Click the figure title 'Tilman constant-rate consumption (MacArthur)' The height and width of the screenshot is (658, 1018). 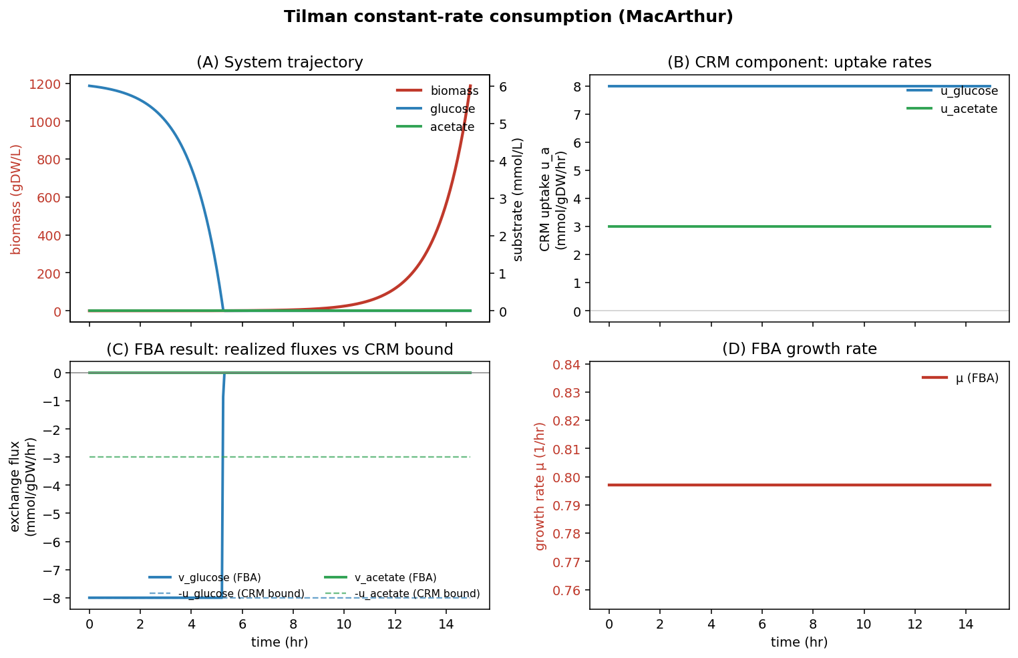pos(508,17)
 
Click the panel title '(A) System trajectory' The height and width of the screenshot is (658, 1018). pos(279,63)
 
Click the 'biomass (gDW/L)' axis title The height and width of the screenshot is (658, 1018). pos(17,198)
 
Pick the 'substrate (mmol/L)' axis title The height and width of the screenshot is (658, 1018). pos(518,198)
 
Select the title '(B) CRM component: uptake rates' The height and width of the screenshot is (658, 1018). pos(799,63)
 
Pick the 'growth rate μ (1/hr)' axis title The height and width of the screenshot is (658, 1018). pos(541,486)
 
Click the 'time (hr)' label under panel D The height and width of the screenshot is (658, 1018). pos(799,643)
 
